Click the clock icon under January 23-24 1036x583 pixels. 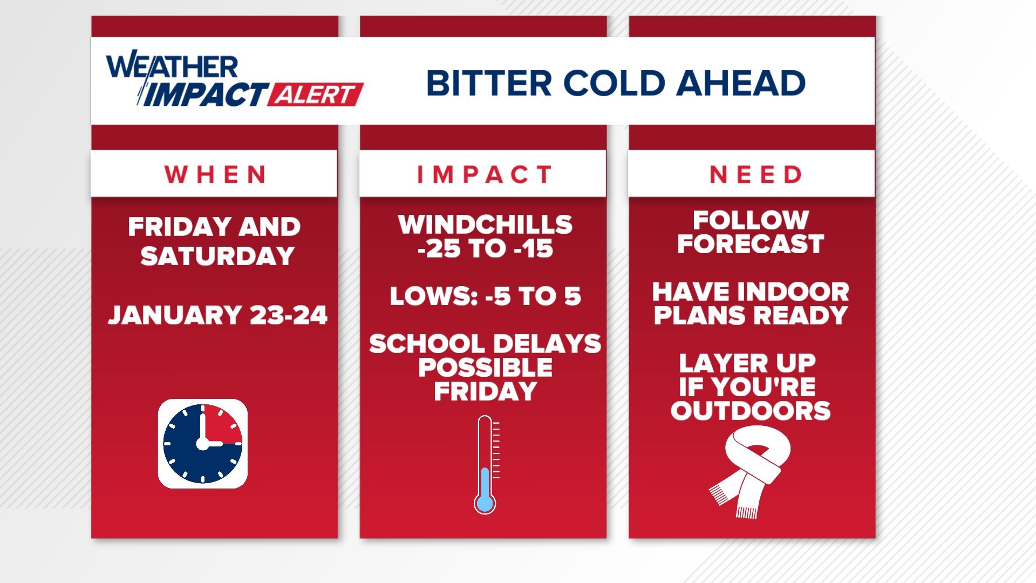click(203, 444)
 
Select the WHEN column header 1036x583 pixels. click(215, 174)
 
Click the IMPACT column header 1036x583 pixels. click(484, 174)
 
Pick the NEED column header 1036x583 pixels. click(755, 174)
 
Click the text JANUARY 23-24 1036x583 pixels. click(217, 315)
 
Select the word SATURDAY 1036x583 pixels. click(217, 256)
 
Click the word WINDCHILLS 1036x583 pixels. click(485, 224)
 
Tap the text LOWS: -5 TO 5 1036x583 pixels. click(485, 296)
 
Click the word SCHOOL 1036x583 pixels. click(426, 344)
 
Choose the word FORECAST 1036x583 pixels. click(751, 244)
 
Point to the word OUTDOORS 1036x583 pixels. click(751, 411)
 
